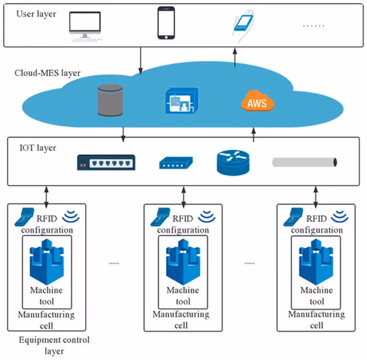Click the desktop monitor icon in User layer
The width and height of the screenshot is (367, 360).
pyautogui.click(x=85, y=26)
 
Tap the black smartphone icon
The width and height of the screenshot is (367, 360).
pyautogui.click(x=166, y=23)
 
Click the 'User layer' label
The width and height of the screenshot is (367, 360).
pyautogui.click(x=36, y=14)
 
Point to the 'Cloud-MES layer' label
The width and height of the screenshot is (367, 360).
pyautogui.click(x=47, y=73)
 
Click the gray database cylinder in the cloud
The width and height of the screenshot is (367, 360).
pyautogui.click(x=110, y=100)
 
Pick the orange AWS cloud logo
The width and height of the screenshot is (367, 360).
pyautogui.click(x=258, y=101)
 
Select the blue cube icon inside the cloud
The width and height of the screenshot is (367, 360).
pyautogui.click(x=182, y=101)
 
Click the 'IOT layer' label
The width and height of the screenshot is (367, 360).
pyautogui.click(x=38, y=148)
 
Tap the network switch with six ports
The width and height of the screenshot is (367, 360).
pyautogui.click(x=106, y=162)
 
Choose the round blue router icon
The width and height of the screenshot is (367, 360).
pyautogui.click(x=233, y=163)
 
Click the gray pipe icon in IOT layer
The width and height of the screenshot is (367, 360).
pyautogui.click(x=305, y=162)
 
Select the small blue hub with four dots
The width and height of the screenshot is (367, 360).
pyautogui.click(x=176, y=163)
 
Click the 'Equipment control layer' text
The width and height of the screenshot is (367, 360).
pyautogui.click(x=54, y=345)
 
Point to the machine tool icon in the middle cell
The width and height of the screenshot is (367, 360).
pyautogui.click(x=183, y=262)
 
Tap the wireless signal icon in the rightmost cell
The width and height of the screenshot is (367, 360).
pyautogui.click(x=340, y=216)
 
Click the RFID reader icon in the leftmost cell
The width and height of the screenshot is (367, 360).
pyautogui.click(x=24, y=217)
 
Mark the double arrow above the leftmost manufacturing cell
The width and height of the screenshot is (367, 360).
pyautogui.click(x=47, y=197)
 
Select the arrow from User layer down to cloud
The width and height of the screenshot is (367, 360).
pyautogui.click(x=140, y=61)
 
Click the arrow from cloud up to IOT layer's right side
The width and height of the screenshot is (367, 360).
pyautogui.click(x=253, y=135)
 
